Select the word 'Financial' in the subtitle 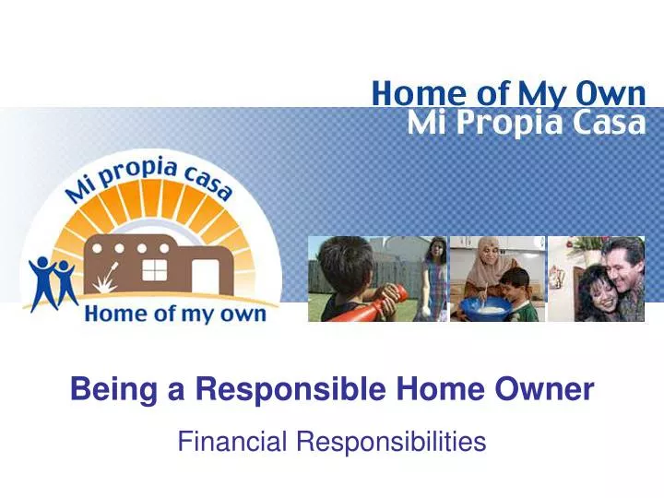click(232, 443)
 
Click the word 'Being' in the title click(105, 391)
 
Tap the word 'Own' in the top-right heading click(616, 93)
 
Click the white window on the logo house click(155, 269)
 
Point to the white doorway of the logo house click(205, 278)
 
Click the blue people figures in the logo click(53, 281)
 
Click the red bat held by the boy click(368, 307)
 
